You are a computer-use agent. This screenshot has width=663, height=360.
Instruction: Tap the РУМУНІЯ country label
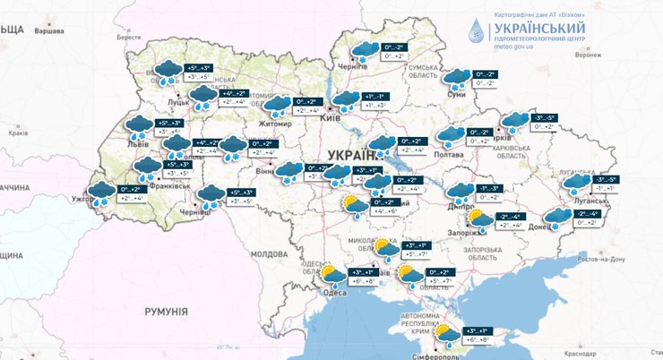coord(166,311)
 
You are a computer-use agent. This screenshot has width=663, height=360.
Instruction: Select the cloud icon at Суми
coord(458,79)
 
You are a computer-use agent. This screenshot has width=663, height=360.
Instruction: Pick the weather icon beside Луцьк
coord(168,72)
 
